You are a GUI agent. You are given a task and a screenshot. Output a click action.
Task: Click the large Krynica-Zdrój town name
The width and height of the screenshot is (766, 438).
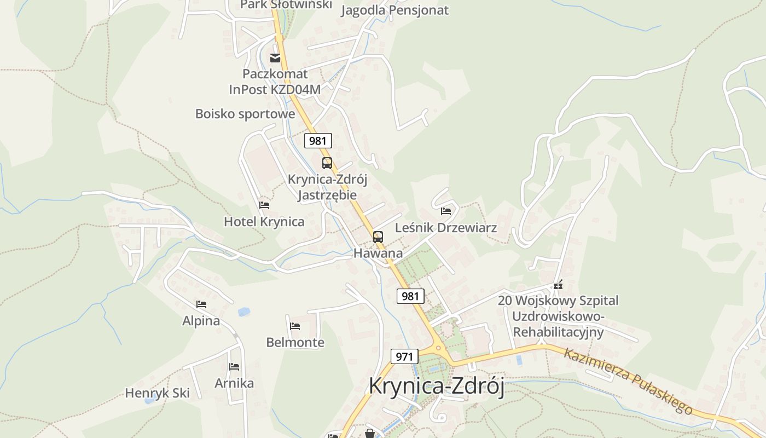pos(436,386)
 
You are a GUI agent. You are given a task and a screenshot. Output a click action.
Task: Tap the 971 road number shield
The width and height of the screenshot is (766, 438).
pos(404,357)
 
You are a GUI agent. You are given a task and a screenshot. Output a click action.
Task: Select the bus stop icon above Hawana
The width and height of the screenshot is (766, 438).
pos(378,237)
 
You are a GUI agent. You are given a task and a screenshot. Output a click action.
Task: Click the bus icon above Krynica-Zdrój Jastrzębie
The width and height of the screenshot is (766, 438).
pos(327,163)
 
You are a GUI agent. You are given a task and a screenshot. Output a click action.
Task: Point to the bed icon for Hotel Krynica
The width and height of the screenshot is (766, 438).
pos(264,205)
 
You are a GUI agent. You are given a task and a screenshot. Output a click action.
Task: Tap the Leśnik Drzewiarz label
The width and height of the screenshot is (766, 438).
pos(445,228)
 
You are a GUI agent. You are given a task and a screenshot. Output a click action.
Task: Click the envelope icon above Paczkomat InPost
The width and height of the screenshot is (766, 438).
pos(275,57)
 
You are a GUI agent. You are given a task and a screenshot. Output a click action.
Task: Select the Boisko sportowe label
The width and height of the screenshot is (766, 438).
pos(245,114)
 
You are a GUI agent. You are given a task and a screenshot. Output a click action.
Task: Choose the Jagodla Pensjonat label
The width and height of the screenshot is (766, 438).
pos(394,10)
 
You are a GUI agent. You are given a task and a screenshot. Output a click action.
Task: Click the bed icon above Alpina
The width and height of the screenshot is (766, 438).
pos(201,304)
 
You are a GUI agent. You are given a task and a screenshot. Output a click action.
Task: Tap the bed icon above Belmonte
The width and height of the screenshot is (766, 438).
pos(295,326)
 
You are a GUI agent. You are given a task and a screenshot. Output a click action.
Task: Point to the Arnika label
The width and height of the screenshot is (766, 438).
pos(234,383)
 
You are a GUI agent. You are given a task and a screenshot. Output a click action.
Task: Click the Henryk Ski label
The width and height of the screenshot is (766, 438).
pos(158,393)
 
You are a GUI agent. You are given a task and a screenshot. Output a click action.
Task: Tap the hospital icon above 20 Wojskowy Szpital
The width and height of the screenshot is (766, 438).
pos(558,285)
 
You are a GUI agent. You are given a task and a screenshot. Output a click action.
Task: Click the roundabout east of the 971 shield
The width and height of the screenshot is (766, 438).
pos(438,348)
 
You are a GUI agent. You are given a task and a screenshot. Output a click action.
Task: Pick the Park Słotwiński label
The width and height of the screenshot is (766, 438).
pos(286,4)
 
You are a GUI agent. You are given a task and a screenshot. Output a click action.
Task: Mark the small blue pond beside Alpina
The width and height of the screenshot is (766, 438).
pos(244,312)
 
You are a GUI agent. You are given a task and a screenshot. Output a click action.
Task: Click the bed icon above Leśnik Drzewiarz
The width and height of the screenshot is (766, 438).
pos(446,211)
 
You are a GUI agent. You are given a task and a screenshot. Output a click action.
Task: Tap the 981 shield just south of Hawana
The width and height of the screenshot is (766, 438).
pos(410,296)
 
